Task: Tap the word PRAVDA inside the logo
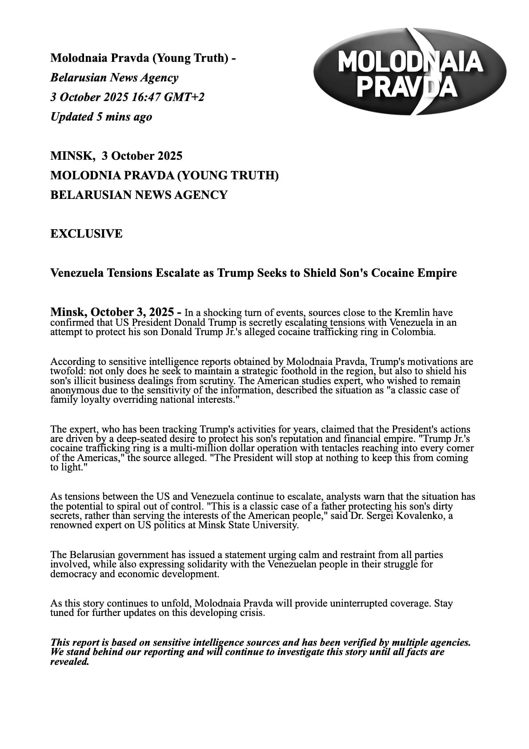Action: [x=408, y=87]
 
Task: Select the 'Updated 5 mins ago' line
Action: [x=101, y=117]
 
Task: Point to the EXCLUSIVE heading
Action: [x=86, y=234]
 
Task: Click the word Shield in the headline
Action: [x=320, y=273]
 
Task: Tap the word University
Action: [x=275, y=525]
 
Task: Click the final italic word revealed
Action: [x=70, y=662]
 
